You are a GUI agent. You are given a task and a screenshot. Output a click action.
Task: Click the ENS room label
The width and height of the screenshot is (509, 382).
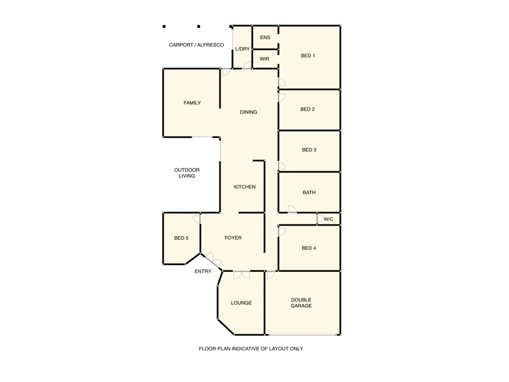[265, 37]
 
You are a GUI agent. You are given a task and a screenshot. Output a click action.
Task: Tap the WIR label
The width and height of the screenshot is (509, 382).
[264, 59]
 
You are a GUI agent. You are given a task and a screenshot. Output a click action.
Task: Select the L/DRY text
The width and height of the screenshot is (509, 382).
[242, 49]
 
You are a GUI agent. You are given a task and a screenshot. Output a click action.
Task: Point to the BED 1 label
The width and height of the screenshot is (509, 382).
[308, 56]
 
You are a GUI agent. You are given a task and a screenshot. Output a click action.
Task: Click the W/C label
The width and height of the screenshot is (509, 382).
[328, 219]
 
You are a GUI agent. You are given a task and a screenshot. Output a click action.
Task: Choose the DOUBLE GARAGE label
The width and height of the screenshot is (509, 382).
[301, 303]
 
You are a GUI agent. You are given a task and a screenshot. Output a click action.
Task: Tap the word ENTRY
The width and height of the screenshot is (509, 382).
[203, 271]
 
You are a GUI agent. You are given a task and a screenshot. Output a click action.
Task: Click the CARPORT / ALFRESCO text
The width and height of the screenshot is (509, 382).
[196, 45]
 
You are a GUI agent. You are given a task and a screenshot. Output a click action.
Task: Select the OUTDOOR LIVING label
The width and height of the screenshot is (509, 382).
[187, 173]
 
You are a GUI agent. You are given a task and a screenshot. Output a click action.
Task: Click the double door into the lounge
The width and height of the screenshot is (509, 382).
[242, 274]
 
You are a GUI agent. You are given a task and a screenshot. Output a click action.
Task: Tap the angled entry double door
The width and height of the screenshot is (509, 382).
[214, 260]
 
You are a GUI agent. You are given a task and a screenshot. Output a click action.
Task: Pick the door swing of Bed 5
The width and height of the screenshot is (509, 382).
[197, 219]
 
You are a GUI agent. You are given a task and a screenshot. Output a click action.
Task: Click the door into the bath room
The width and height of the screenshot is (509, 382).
[292, 209]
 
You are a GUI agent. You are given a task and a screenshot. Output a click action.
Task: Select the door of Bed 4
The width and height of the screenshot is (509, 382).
[282, 232]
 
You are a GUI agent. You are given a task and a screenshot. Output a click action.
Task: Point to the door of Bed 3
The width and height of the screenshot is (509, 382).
[282, 166]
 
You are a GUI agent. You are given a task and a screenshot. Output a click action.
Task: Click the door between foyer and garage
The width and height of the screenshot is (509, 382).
[271, 274]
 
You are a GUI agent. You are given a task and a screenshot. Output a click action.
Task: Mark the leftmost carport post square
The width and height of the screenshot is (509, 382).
[164, 27]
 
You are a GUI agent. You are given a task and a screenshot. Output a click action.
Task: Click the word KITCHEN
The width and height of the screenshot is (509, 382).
[244, 187]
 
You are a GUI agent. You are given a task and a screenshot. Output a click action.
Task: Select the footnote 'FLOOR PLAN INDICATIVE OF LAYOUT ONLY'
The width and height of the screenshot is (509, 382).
[251, 349]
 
